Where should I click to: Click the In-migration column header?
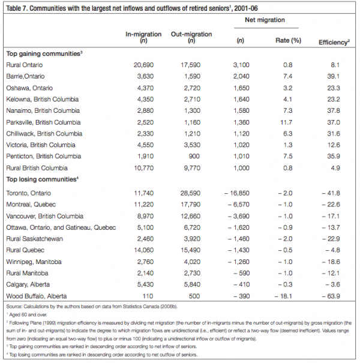[x=143, y=38]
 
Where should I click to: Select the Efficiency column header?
[x=335, y=43]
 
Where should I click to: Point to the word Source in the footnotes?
[x=14, y=307]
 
